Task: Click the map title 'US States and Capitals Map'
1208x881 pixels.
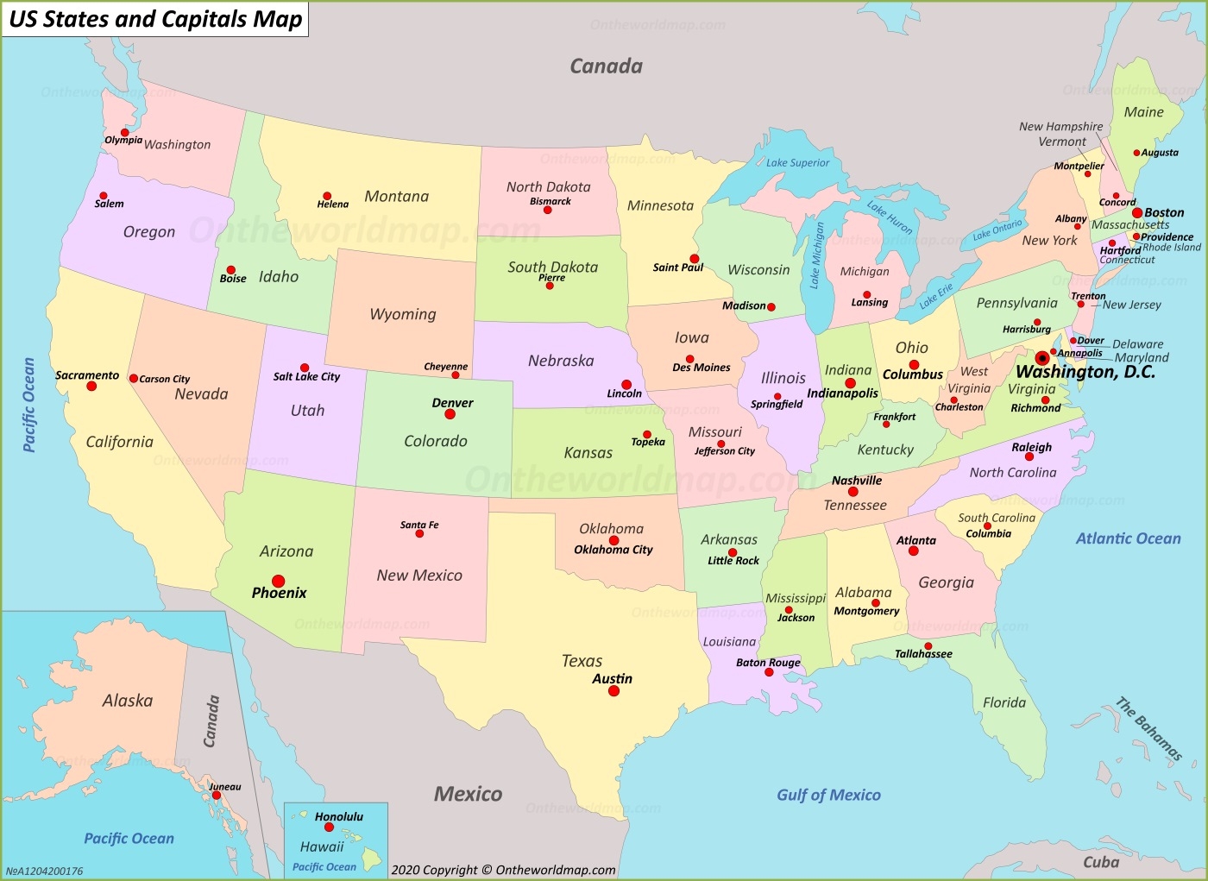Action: click(x=155, y=19)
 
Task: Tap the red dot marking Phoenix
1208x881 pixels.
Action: click(x=279, y=581)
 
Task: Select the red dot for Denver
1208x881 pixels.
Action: click(x=450, y=414)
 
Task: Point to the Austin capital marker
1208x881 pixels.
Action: click(x=613, y=691)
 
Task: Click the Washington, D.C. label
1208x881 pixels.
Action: click(x=1085, y=372)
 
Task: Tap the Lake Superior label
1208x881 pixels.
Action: click(x=797, y=162)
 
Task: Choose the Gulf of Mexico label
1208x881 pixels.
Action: click(x=828, y=795)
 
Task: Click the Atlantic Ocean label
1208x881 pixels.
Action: click(x=1128, y=538)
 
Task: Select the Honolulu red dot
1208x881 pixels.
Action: click(x=329, y=828)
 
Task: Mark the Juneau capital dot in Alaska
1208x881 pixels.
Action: click(x=217, y=796)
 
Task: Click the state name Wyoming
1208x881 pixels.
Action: click(x=403, y=314)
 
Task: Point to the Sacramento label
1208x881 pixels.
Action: click(x=87, y=375)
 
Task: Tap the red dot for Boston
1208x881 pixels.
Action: click(x=1137, y=212)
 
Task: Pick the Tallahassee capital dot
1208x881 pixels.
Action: click(x=928, y=645)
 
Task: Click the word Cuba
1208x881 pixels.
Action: click(x=1101, y=862)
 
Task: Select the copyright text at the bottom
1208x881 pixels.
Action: click(x=503, y=870)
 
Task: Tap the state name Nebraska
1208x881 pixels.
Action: click(x=561, y=361)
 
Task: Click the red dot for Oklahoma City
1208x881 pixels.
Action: click(x=613, y=540)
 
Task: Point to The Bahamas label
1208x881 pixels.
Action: click(x=1148, y=729)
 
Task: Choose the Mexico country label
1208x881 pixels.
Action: click(x=468, y=794)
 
